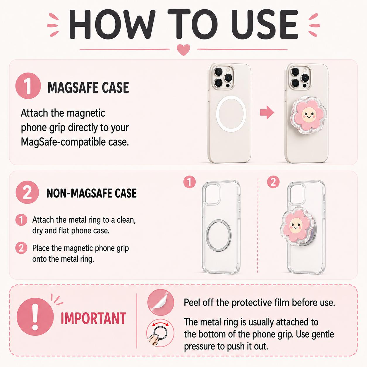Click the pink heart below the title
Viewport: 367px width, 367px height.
tap(183, 49)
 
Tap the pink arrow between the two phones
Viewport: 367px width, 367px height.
tap(267, 112)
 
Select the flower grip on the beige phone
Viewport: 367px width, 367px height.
tap(309, 117)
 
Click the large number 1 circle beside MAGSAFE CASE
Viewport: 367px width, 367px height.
tap(28, 86)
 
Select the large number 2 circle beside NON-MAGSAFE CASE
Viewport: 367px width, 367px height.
tap(27, 192)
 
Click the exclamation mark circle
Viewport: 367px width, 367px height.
tap(35, 317)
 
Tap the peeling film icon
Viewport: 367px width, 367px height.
tap(161, 302)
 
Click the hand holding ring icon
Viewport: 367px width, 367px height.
tap(160, 333)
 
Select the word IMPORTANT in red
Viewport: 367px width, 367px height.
tap(93, 318)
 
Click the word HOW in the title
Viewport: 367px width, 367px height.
tap(111, 24)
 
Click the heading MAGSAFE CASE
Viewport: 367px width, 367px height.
tap(88, 88)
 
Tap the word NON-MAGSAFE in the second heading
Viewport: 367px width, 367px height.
tap(79, 193)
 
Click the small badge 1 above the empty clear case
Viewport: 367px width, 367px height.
tap(189, 182)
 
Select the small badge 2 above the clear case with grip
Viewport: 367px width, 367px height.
tap(273, 182)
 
